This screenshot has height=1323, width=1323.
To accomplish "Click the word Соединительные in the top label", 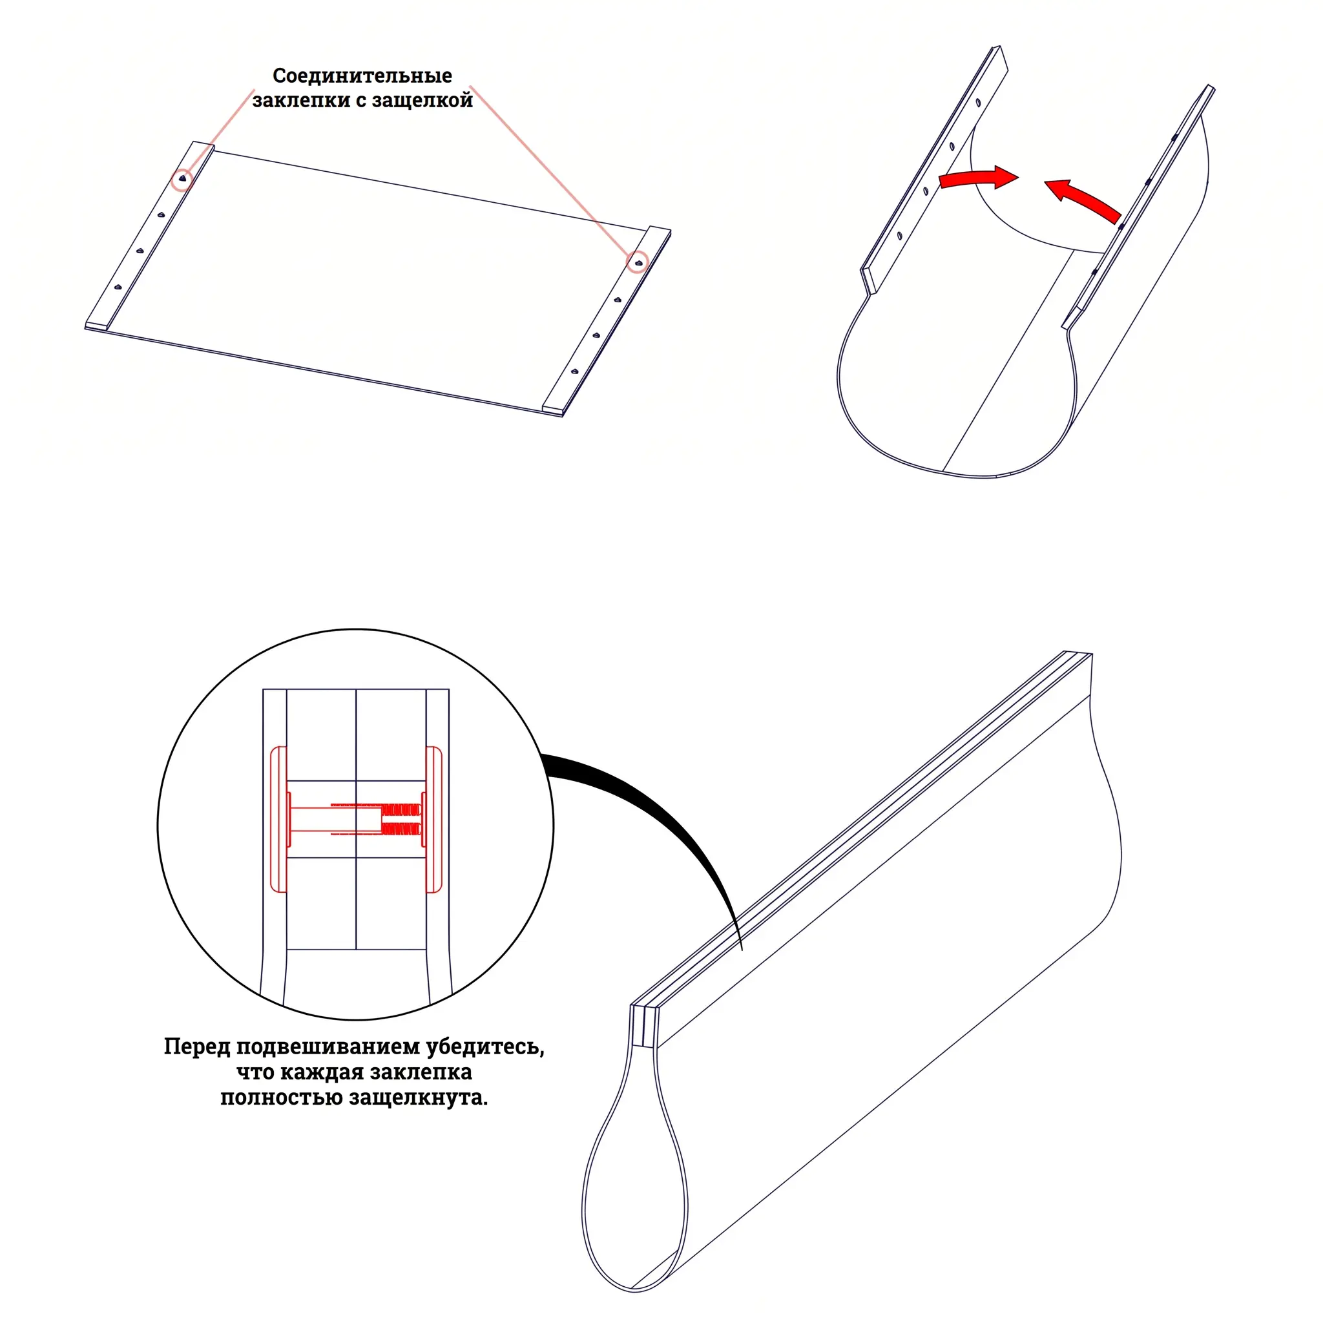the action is point(362,76).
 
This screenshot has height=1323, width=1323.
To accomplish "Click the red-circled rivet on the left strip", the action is point(182,179).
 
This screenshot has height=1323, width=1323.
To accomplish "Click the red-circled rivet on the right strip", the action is point(638,262).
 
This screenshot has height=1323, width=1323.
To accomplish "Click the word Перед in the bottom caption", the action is point(196,1047).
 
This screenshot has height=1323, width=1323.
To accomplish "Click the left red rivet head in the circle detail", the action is point(278,819).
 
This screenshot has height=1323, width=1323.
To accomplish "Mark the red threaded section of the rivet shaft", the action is point(401,819).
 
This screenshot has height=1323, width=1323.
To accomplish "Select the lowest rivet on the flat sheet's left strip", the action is point(118,287).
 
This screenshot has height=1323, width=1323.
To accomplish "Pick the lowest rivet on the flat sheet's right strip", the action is point(574,372).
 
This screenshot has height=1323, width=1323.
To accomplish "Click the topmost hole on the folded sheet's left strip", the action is point(978,103).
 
